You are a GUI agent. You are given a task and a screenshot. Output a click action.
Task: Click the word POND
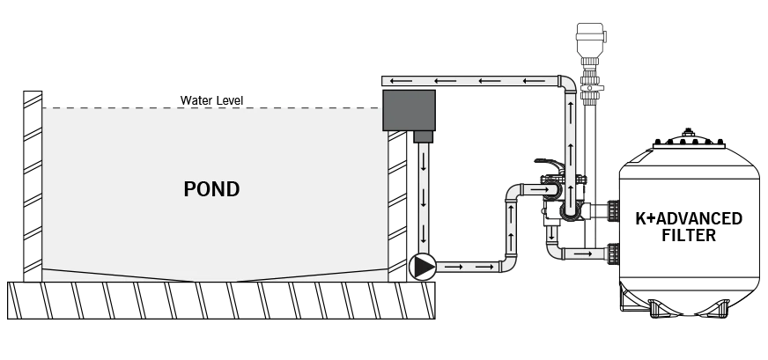pos(211,189)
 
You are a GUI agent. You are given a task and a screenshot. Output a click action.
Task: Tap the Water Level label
pos(211,100)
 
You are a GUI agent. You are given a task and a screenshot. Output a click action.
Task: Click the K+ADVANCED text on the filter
pos(689,218)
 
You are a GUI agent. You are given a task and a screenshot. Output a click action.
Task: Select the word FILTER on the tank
pos(689,235)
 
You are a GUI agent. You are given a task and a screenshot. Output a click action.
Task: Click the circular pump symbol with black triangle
pos(422,267)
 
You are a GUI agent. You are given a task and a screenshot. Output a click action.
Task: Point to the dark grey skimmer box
pos(409,110)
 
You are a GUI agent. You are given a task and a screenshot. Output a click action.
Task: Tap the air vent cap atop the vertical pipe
pos(591,40)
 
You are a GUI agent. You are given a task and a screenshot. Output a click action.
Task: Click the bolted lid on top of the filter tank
pos(689,140)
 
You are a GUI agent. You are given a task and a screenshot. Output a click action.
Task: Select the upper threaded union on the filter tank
pos(613,210)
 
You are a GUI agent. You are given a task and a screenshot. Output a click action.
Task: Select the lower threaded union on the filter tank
pos(613,253)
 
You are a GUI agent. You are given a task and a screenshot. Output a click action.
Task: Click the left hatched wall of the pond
pos(33,186)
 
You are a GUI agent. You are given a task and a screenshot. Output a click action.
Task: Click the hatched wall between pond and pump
pos(397,206)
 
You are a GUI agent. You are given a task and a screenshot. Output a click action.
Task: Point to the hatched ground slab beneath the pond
pos(221,300)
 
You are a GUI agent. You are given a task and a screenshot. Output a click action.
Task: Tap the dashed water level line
pos(211,107)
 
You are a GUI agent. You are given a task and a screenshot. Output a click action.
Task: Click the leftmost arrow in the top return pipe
pos(402,81)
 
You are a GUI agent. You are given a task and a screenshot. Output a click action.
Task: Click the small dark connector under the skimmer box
pos(423,136)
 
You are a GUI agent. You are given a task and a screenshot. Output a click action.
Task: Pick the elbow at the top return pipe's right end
pos(568,84)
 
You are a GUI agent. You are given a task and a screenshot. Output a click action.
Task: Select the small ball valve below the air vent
pos(591,88)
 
